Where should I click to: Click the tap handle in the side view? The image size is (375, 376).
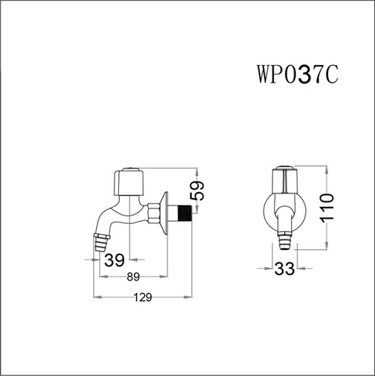click(129, 183)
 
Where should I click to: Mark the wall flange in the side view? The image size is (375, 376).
click(166, 211)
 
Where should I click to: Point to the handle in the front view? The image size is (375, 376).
click(284, 180)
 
